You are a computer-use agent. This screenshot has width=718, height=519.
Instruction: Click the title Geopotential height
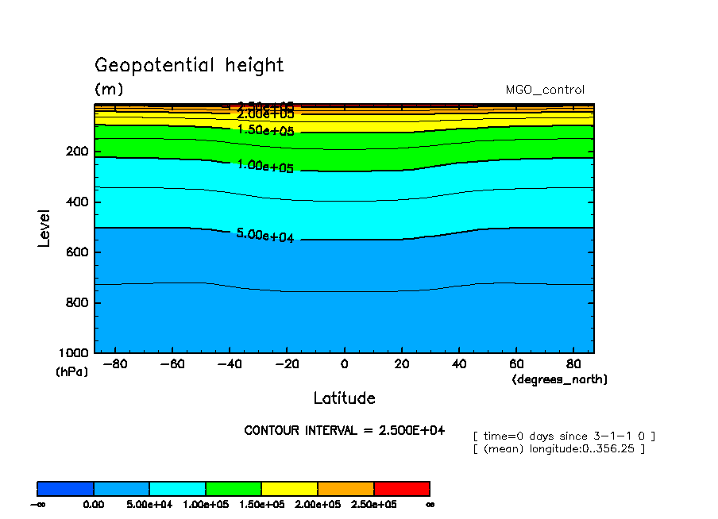tap(189, 65)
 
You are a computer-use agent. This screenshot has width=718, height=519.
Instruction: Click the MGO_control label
tap(545, 90)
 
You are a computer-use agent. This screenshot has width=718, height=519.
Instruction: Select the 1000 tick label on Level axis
tap(73, 353)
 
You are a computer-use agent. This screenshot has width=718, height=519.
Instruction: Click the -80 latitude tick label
tap(115, 365)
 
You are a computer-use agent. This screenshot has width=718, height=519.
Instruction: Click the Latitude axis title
tap(344, 398)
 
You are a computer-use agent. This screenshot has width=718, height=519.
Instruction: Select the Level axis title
tap(44, 228)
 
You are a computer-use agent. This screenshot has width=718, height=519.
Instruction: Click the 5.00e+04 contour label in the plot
tap(265, 236)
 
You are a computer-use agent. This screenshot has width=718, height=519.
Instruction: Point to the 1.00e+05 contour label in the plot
tap(265, 167)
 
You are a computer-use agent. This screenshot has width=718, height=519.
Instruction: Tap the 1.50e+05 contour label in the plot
tap(265, 130)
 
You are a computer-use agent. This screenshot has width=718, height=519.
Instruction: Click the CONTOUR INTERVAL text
tap(344, 431)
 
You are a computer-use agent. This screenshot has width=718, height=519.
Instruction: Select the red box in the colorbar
tap(401, 488)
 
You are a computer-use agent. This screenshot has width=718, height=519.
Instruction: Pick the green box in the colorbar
tap(234, 488)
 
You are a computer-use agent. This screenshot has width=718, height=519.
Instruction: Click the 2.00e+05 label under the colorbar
tap(318, 504)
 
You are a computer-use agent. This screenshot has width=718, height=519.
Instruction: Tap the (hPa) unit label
tap(71, 371)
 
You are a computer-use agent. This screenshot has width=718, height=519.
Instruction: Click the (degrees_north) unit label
tap(560, 380)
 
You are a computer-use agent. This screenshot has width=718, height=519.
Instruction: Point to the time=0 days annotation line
tap(563, 436)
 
